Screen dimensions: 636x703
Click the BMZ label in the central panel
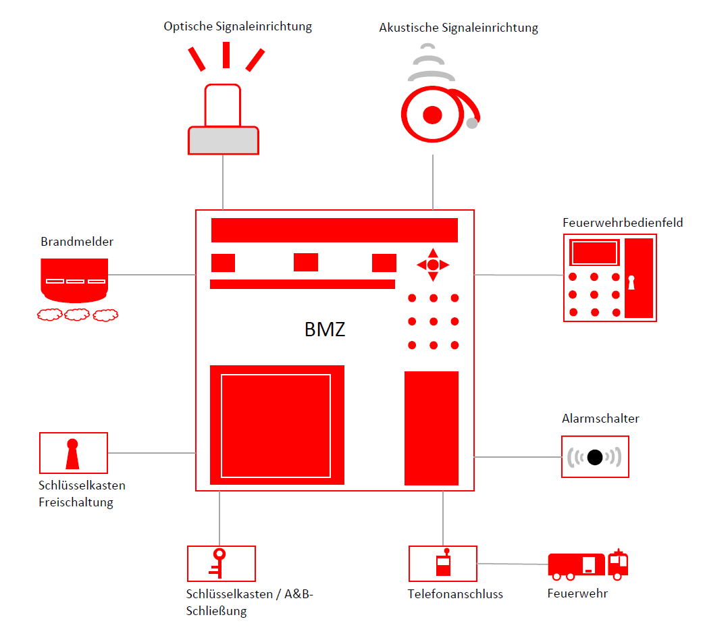click(x=325, y=329)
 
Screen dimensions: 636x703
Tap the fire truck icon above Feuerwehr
click(x=588, y=564)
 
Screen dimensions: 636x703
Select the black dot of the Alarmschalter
click(x=595, y=457)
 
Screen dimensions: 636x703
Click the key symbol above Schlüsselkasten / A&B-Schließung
click(x=218, y=563)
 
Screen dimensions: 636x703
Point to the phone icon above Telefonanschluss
click(x=443, y=563)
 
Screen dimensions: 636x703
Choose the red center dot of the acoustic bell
click(x=432, y=115)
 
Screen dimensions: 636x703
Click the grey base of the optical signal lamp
click(x=224, y=140)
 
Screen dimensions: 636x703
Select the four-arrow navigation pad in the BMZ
click(x=433, y=265)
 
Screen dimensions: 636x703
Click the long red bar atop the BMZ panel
click(x=334, y=230)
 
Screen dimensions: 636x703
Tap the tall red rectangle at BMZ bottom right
click(x=432, y=428)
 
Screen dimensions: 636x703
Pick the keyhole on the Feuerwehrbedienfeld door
click(x=632, y=282)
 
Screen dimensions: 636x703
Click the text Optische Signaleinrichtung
click(x=238, y=26)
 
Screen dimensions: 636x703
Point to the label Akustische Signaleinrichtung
click(x=459, y=28)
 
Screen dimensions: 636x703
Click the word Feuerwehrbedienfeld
click(x=623, y=222)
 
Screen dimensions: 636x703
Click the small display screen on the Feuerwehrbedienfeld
click(x=594, y=253)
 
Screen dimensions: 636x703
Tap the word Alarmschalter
click(x=600, y=419)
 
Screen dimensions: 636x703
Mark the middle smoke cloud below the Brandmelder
click(x=76, y=314)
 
